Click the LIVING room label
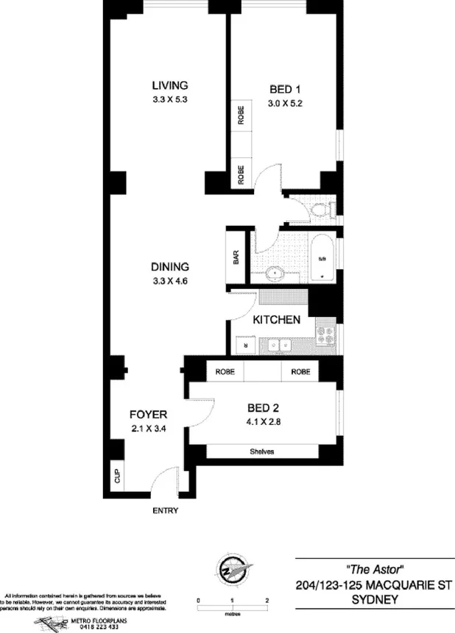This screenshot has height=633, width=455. [x=170, y=85]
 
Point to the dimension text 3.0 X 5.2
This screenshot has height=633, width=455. [x=285, y=104]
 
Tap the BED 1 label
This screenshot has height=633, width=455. [x=285, y=90]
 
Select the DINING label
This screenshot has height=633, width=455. [x=170, y=267]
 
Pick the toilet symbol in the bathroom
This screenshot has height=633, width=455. [x=322, y=211]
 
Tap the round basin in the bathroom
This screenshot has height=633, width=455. [x=275, y=272]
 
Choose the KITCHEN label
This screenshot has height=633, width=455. [x=276, y=320]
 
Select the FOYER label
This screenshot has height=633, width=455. [x=148, y=414]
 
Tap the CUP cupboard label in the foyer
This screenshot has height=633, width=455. [x=116, y=475]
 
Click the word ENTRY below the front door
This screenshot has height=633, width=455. [x=165, y=509]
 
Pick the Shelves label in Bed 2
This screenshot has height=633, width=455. [x=262, y=451]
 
